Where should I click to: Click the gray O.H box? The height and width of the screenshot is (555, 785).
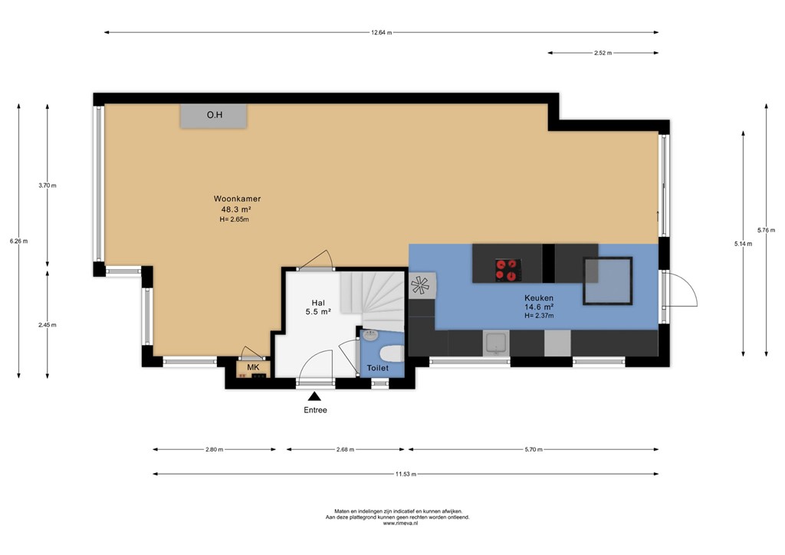click(214, 116)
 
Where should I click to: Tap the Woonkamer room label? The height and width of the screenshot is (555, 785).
click(237, 199)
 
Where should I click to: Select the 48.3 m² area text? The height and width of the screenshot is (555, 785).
click(237, 209)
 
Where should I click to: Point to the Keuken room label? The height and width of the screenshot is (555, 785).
click(539, 297)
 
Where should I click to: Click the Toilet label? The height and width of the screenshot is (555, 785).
click(378, 369)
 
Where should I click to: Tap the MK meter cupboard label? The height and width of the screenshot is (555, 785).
click(253, 368)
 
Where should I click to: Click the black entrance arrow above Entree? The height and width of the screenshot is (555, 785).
click(314, 396)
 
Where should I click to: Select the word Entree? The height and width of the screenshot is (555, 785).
click(314, 410)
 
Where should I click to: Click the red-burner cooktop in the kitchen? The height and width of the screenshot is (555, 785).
click(507, 269)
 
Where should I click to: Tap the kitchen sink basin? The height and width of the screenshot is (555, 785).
click(495, 343)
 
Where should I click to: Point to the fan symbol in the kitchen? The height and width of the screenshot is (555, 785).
click(421, 285)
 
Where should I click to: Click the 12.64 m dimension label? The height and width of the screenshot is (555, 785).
click(381, 32)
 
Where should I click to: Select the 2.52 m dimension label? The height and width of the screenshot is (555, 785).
click(603, 53)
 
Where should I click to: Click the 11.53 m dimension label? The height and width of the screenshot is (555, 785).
click(406, 474)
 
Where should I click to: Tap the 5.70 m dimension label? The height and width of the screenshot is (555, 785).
click(534, 450)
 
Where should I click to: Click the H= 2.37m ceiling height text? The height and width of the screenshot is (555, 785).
click(539, 316)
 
